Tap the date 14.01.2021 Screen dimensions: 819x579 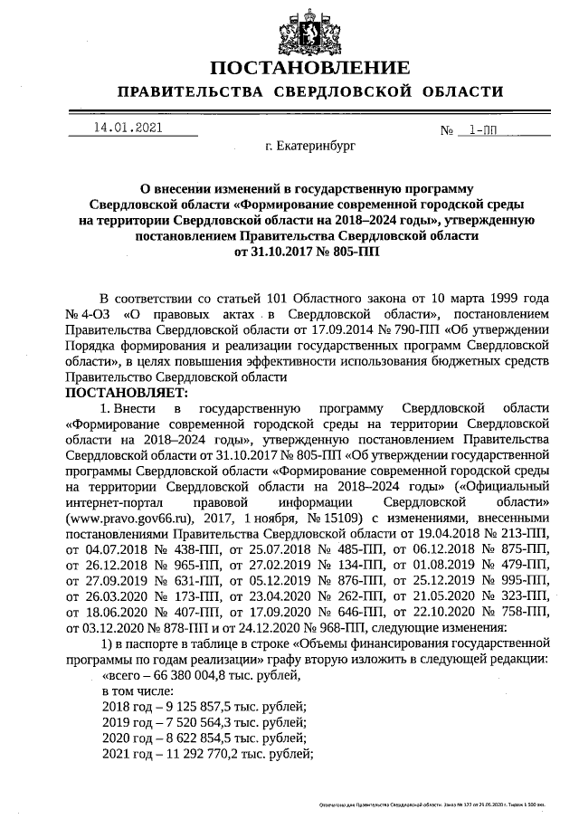128,128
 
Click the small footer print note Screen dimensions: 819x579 434,803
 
